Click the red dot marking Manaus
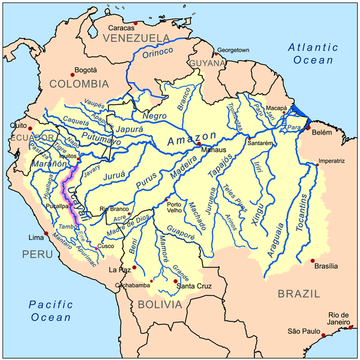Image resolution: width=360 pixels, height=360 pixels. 199,144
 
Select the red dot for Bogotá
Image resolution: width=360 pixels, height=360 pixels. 73,74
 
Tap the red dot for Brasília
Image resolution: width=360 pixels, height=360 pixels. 313,261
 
